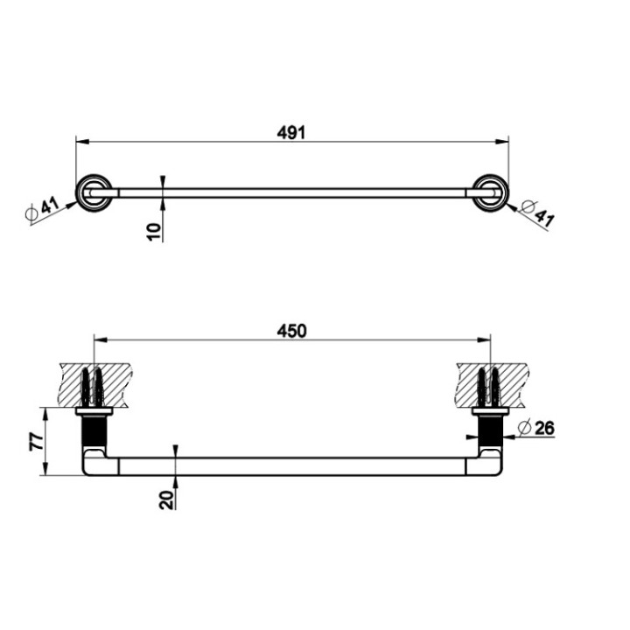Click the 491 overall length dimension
coord(291,132)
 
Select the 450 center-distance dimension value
coord(291,331)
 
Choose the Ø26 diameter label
coord(536,428)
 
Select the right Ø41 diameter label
coord(535,213)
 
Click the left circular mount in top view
coord(92,192)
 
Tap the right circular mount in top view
coord(491,192)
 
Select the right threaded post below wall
coord(490,430)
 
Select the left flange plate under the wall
coord(94,410)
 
